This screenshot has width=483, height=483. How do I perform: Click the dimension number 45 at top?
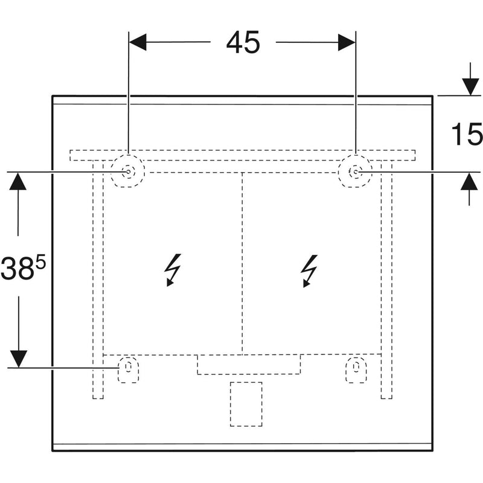(243, 42)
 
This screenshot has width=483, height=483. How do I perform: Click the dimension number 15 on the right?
(467, 134)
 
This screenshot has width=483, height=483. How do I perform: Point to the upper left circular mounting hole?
(129, 172)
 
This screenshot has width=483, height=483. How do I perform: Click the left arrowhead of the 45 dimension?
(138, 42)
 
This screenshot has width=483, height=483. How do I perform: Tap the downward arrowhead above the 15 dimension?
(469, 87)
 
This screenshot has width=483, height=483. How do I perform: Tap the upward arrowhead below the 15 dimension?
(469, 181)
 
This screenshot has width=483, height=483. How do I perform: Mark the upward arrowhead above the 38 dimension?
(19, 181)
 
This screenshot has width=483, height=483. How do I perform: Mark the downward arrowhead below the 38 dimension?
(19, 359)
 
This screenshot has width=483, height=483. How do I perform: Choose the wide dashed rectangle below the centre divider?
(248, 365)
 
